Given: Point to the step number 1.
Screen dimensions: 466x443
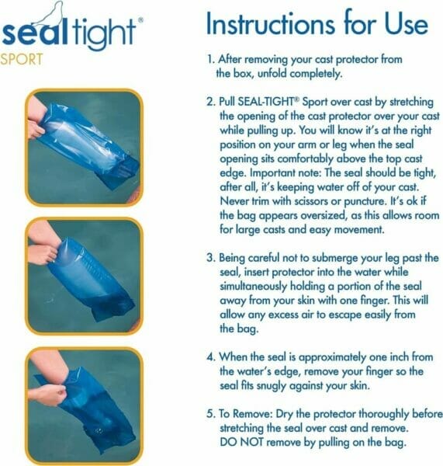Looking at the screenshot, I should [x=209, y=59].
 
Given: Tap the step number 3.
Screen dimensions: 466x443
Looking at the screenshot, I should [x=209, y=257].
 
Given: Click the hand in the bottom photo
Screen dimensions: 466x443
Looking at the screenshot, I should [x=52, y=394].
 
